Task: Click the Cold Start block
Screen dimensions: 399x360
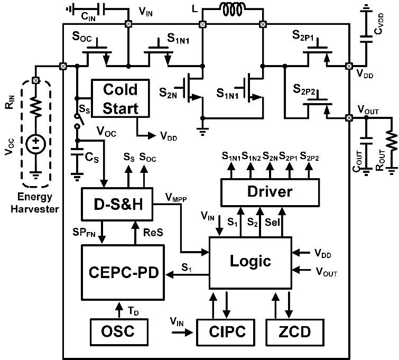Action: (120, 98)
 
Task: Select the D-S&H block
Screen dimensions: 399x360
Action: (117, 204)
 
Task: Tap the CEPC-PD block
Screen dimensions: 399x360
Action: (123, 272)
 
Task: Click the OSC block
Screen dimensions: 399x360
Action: (119, 332)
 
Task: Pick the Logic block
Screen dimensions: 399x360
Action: (250, 263)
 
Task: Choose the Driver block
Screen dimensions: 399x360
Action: (270, 192)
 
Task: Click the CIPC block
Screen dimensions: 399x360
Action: (226, 332)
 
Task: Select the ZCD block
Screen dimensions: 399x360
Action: (295, 332)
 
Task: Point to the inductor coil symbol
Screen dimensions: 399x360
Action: (233, 10)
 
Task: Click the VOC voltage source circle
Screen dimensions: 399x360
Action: (36, 144)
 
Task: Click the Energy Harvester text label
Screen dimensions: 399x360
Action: (35, 203)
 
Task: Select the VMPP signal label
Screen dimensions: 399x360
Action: (176, 197)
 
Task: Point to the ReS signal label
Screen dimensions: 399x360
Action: (153, 232)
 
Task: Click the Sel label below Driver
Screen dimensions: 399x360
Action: (272, 222)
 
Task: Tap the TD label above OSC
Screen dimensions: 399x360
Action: (133, 311)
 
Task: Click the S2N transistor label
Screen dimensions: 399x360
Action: (168, 93)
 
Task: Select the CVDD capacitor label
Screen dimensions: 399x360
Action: (379, 24)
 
